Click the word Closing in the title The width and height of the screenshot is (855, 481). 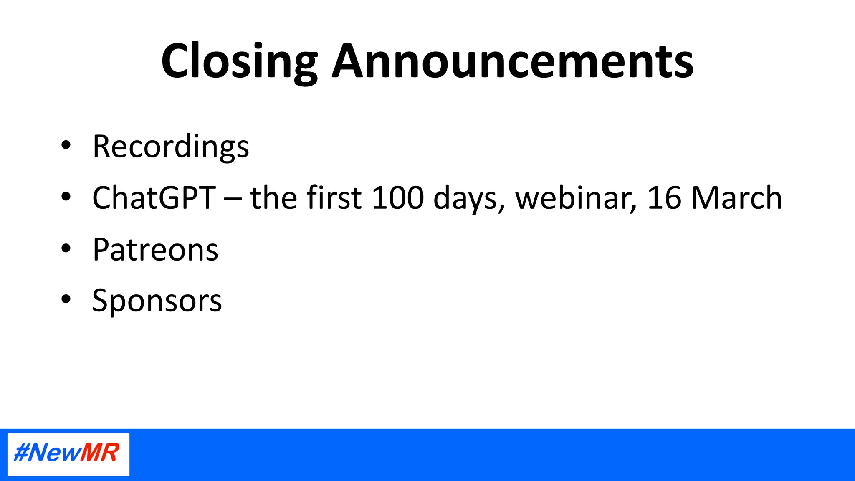(240, 62)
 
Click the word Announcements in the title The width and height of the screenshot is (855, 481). (513, 62)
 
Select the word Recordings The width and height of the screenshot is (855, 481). (171, 147)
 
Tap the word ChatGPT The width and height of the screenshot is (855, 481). (154, 198)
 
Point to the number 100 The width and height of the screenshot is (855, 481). (397, 198)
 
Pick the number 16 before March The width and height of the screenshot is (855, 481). (664, 198)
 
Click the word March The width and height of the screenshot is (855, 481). (736, 198)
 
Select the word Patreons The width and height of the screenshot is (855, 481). (155, 250)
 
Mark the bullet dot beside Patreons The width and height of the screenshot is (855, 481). (66, 248)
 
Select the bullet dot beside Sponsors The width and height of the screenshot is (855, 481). (66, 299)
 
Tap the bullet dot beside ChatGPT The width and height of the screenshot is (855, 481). (66, 197)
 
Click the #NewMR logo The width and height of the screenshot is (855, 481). (68, 454)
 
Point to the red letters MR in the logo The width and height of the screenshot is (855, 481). (100, 453)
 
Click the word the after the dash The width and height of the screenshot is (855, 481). (273, 198)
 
